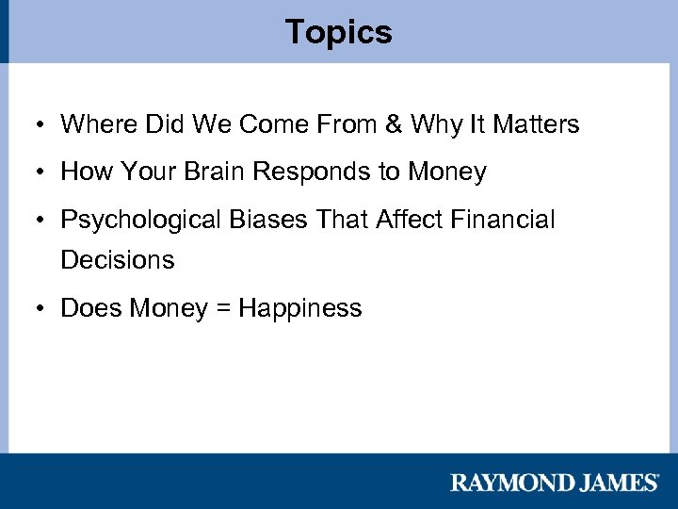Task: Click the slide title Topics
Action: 339,32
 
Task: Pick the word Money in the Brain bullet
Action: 447,172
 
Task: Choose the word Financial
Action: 503,221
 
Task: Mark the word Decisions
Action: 118,260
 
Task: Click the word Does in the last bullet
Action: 91,308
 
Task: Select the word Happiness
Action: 300,309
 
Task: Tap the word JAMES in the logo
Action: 614,483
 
